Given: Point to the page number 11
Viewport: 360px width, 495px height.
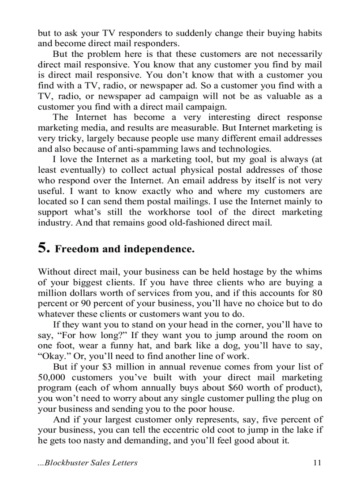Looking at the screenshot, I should tap(317, 462).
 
